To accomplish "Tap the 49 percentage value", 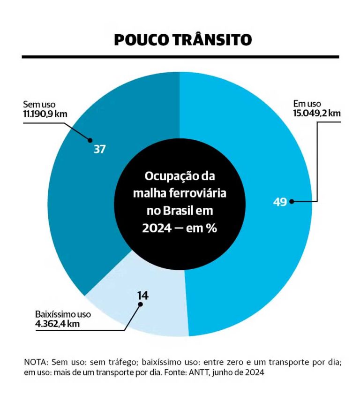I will tap(280, 202).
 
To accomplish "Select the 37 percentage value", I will tap(99, 149).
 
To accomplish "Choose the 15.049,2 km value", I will tap(316, 113).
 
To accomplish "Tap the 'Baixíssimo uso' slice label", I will tap(63, 314).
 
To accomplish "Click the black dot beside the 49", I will tap(292, 202).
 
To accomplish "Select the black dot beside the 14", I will tap(140, 304).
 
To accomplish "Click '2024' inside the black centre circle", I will tap(157, 228).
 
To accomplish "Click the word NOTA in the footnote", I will tap(34, 363).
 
